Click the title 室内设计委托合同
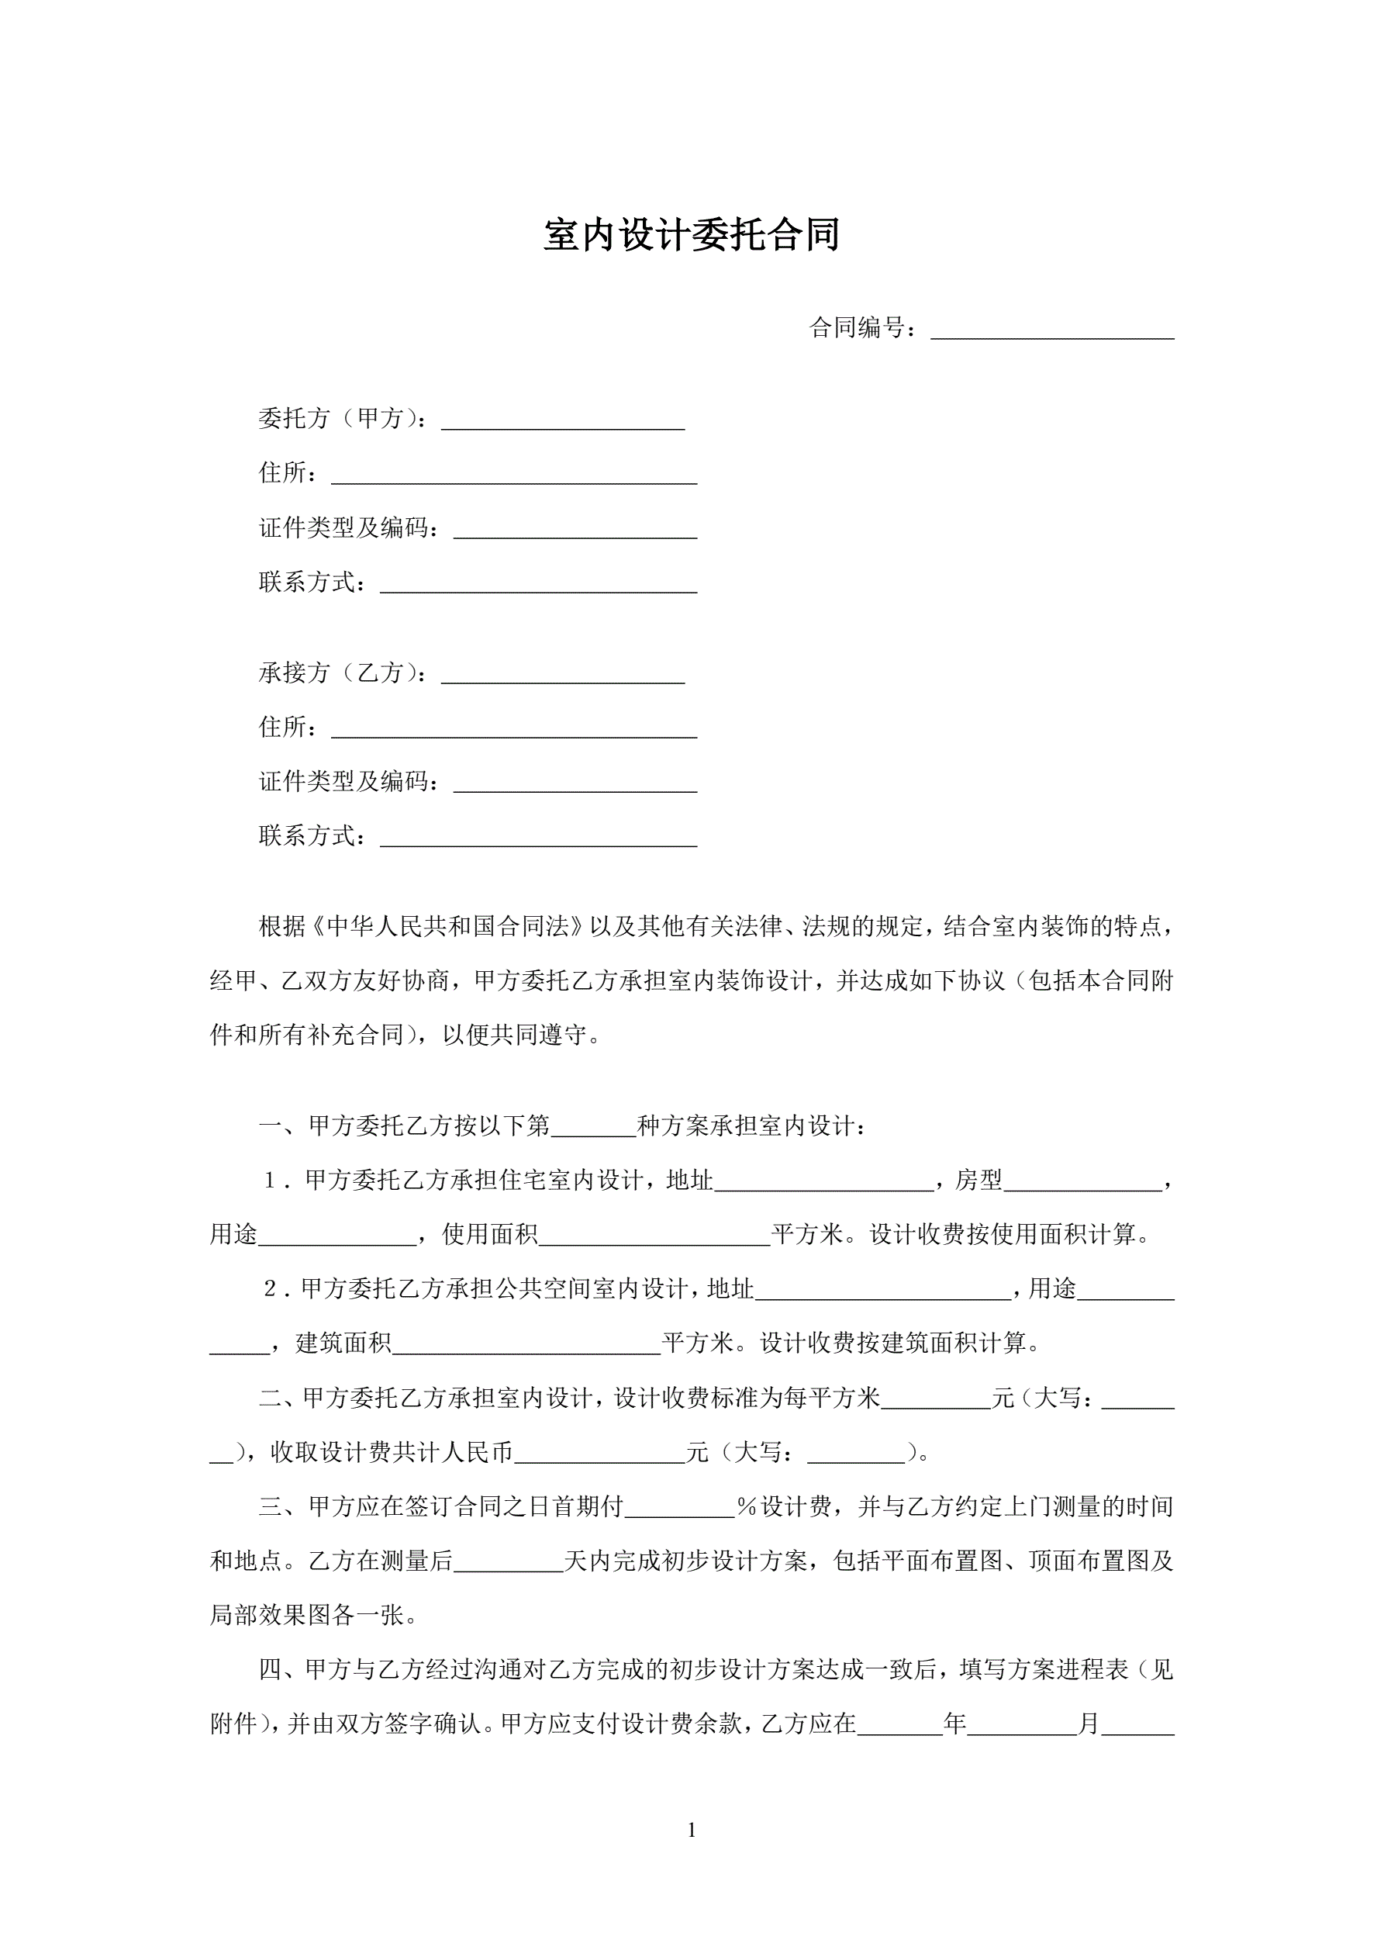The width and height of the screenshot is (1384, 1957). pos(691,234)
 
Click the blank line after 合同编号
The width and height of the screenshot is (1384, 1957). pos(1051,330)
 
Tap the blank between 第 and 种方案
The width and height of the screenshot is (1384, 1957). pos(593,1129)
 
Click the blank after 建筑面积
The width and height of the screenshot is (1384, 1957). pos(526,1346)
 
